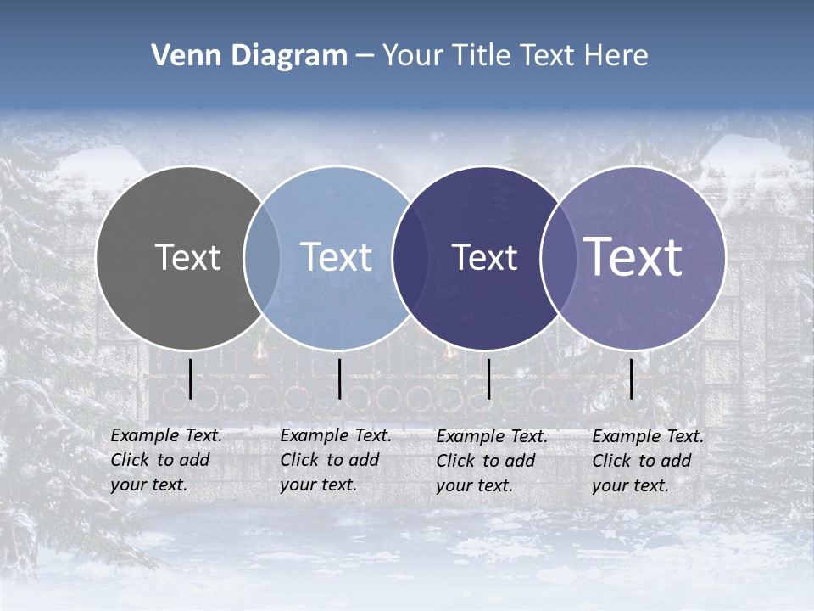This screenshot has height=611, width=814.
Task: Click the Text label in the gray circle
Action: coord(187,257)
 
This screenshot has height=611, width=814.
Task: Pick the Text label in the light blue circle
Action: coord(336,257)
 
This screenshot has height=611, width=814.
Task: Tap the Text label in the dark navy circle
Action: coord(484,257)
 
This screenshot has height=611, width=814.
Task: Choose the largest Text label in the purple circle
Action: coord(633,257)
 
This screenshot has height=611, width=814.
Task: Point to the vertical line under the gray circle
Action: coord(191,378)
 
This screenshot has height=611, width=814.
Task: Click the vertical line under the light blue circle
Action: coord(339,378)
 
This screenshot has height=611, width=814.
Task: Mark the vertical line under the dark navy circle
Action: coord(489,378)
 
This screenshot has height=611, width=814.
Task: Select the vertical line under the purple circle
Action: coord(632,378)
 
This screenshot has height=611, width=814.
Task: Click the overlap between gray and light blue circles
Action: coord(262,257)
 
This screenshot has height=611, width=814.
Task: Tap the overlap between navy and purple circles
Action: coord(555,257)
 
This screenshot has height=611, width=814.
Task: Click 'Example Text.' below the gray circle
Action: coord(166,435)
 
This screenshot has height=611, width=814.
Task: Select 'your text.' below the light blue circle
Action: coord(318,485)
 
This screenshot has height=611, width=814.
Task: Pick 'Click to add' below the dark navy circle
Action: coord(486,461)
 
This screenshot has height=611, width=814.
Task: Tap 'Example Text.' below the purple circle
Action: coord(648,436)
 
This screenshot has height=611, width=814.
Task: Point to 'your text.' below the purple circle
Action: coord(630,485)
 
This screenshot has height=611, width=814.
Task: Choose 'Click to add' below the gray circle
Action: coord(160,460)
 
